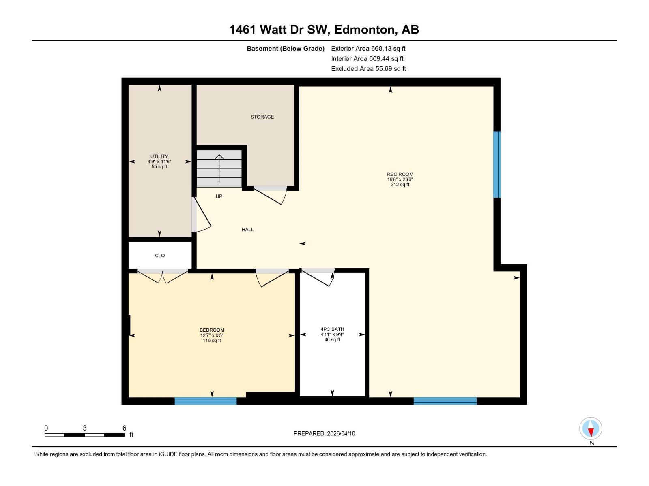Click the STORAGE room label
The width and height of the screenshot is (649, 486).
coord(262,117)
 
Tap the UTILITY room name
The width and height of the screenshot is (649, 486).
coord(159,156)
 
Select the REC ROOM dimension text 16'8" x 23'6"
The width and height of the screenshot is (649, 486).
coord(400,179)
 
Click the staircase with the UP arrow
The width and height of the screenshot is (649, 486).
coord(219,168)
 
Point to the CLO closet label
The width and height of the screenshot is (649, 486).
coord(160,256)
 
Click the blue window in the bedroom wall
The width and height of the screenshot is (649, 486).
coord(206,401)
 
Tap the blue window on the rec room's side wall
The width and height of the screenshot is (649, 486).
coord(497,164)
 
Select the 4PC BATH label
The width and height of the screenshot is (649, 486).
coord(332,329)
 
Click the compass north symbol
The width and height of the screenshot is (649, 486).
coord(591,428)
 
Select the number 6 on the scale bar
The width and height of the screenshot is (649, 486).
coord(125,428)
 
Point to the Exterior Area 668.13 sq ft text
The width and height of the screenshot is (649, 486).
coord(368,49)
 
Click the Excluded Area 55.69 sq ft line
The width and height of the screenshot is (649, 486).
coord(368,69)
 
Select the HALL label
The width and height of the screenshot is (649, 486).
coord(247,230)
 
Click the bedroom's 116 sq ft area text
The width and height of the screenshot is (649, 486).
coord(212,341)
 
